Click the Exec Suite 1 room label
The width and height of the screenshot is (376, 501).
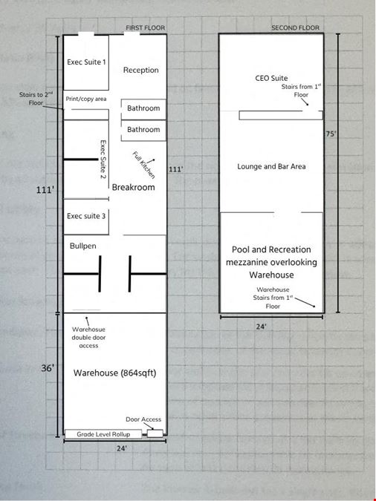point(86,62)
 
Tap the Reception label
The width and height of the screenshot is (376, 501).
point(140,70)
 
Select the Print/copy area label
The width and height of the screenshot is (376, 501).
point(86,99)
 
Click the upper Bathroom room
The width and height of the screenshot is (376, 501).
point(143,109)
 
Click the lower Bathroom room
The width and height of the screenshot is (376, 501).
point(143,131)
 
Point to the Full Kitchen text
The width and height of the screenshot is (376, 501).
point(143,165)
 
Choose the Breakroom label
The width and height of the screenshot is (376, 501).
point(133,187)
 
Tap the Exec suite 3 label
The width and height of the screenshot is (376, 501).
point(86,216)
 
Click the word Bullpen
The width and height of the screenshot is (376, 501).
point(83,246)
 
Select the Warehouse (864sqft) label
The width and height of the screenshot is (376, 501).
point(115,373)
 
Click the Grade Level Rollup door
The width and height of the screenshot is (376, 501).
point(103,434)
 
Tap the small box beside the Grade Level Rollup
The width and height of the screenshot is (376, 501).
point(155,433)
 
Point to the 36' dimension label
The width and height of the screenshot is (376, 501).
point(48,368)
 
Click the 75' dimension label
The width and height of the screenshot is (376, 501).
point(331,134)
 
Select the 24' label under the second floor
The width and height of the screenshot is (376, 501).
point(261,327)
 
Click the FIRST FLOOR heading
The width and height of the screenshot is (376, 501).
point(146,27)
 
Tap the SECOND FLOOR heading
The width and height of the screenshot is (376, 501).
point(295,27)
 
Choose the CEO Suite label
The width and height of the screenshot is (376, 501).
point(271,78)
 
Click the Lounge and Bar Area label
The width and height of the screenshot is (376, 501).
point(271,166)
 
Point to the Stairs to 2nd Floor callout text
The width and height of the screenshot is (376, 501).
point(36,99)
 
